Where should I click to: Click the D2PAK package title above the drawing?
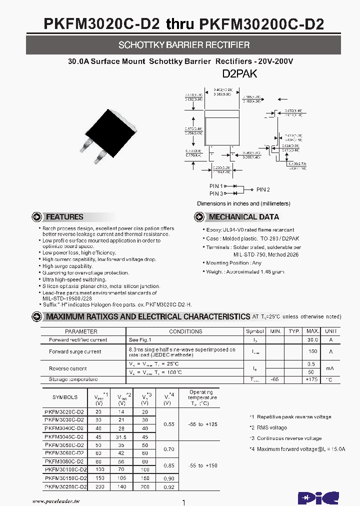coord(239,74)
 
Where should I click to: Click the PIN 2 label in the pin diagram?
coord(263,189)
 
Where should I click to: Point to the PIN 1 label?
coord(216,186)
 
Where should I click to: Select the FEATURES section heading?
coord(64,217)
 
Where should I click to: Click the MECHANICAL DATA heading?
coord(251,217)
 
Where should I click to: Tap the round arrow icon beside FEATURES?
coord(37,217)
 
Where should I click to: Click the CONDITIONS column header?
coord(185,331)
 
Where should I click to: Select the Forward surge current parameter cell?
coord(75,351)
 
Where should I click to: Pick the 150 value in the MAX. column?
coord(313,351)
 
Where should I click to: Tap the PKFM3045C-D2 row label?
coord(64,436)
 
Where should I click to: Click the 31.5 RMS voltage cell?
coord(122,436)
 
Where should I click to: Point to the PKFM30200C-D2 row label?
coord(65,486)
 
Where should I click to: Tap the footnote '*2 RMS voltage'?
coord(268,427)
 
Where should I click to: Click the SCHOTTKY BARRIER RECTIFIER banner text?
coord(184,45)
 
